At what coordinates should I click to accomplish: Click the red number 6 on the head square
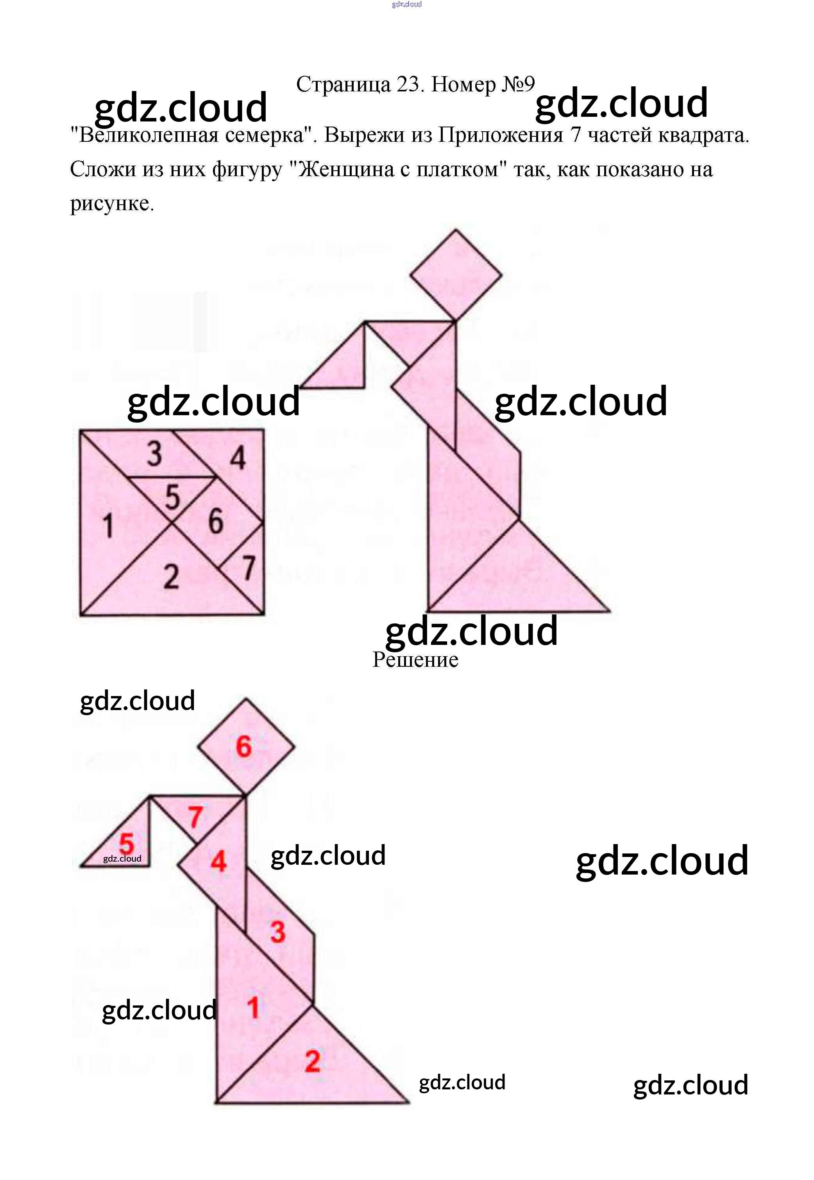244,747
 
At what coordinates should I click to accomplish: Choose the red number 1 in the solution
253,1008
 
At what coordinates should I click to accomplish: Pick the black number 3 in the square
154,453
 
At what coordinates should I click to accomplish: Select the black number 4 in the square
238,458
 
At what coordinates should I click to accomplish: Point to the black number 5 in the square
173,497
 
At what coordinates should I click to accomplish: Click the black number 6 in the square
216,521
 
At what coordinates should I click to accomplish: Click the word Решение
415,660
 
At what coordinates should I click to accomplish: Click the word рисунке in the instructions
111,204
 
